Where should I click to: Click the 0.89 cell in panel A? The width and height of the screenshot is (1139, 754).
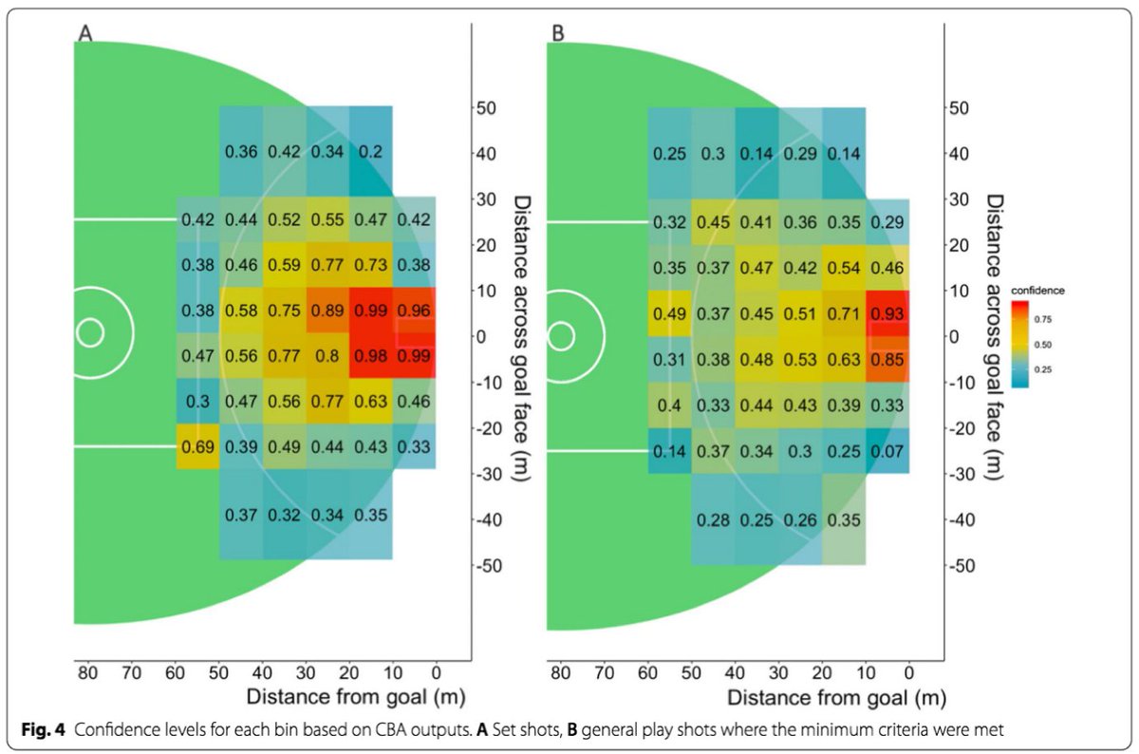tap(327, 311)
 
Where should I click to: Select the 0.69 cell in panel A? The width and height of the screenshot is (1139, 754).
tap(197, 446)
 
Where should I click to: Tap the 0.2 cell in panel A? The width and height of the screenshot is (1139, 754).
tap(371, 152)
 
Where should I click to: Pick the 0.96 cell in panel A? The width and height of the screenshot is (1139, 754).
tap(414, 311)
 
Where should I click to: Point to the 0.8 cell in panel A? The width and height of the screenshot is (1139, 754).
tap(327, 356)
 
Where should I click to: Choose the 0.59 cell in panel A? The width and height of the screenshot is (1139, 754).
tap(284, 265)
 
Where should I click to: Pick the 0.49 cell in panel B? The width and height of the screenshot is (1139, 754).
tap(670, 313)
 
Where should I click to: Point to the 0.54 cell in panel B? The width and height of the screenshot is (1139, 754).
tap(844, 267)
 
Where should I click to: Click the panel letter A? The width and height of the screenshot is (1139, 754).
tap(84, 32)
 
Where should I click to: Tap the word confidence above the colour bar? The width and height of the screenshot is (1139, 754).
tap(1036, 288)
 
